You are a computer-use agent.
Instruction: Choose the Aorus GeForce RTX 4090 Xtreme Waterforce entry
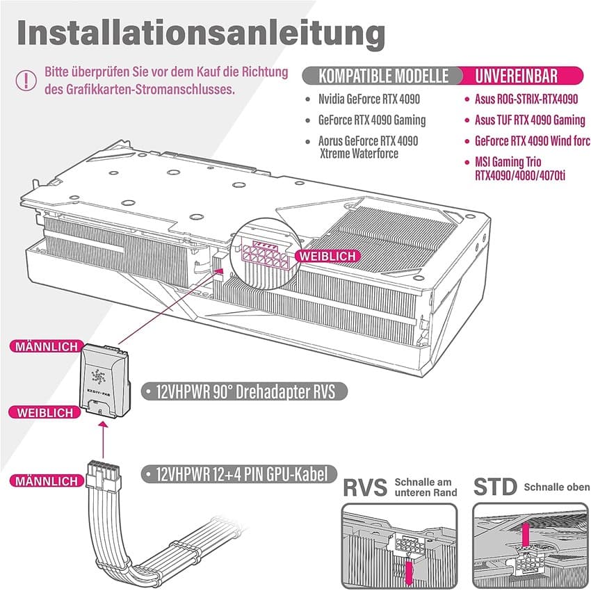click(369, 147)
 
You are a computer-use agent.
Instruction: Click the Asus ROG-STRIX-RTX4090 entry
click(526, 99)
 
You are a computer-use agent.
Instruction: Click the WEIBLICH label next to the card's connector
click(327, 256)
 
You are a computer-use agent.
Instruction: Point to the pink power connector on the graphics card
click(265, 256)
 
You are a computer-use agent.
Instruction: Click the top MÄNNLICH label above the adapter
click(43, 346)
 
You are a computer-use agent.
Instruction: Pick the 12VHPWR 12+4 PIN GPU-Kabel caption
click(243, 475)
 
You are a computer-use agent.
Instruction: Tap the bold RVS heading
click(365, 487)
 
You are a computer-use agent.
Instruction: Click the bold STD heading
click(496, 487)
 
